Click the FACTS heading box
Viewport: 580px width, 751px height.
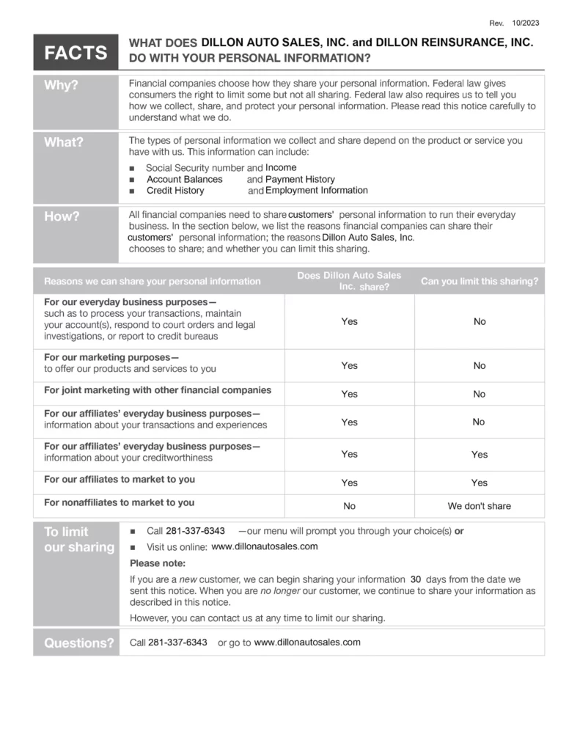click(76, 52)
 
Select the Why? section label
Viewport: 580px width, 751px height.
click(62, 85)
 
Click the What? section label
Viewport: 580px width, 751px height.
click(64, 142)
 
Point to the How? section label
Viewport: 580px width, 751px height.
click(62, 216)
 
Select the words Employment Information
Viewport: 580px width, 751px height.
click(316, 191)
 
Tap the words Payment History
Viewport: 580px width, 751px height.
click(300, 180)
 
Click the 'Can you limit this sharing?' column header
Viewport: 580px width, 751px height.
click(479, 281)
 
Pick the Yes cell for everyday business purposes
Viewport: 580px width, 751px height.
click(350, 321)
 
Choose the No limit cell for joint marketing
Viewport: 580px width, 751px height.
click(479, 394)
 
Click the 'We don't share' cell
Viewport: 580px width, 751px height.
click(479, 506)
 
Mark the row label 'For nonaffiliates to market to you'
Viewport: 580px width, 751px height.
click(119, 502)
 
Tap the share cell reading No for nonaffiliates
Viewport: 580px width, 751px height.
click(350, 506)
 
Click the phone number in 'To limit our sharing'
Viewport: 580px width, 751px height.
click(195, 531)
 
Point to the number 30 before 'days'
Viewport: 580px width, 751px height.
click(416, 579)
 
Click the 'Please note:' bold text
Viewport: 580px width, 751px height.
click(158, 563)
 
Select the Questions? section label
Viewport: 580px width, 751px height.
click(79, 643)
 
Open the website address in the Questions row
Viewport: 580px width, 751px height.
click(307, 642)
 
